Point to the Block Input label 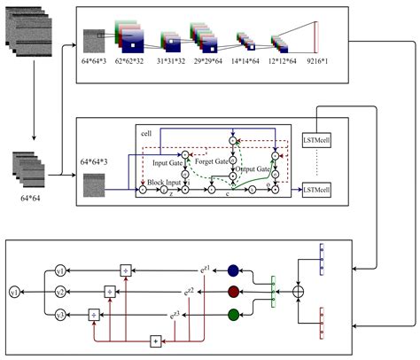(x=168, y=182)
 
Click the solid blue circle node (x=233, y=271)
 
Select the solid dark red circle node (x=233, y=292)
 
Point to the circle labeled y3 (x=60, y=312)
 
